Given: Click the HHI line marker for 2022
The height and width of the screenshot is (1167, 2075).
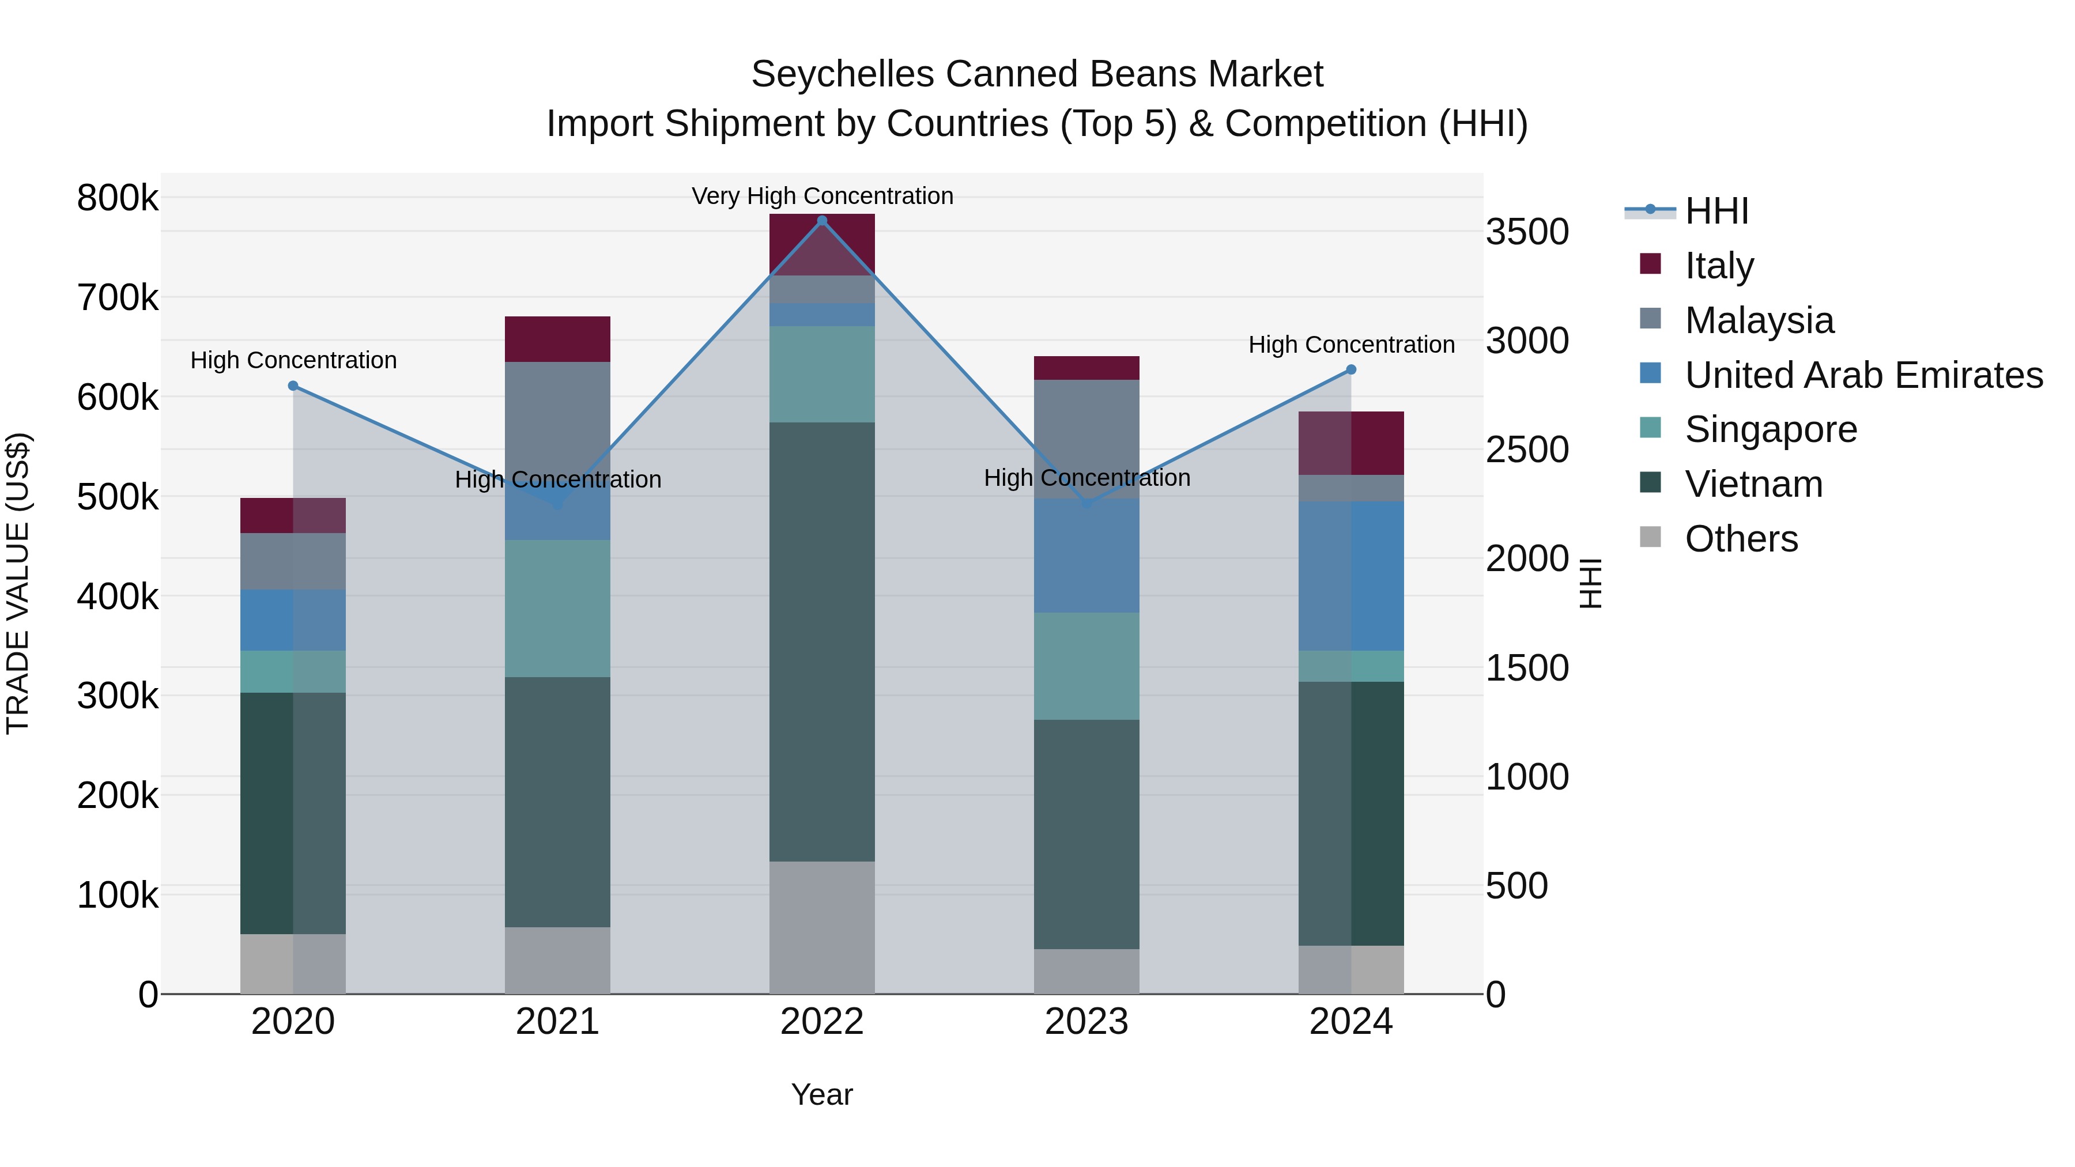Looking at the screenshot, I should [821, 221].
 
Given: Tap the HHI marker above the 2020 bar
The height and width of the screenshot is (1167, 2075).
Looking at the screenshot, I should [293, 386].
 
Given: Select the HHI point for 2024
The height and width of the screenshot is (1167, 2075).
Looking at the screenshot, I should [1351, 369].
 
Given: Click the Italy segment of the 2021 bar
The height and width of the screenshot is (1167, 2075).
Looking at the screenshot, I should [557, 339].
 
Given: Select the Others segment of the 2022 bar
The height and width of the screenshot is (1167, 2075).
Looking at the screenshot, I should [821, 927].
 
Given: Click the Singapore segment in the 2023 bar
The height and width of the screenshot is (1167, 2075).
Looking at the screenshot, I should [1086, 666].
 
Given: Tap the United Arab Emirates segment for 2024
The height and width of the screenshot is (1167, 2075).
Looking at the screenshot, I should [1351, 576].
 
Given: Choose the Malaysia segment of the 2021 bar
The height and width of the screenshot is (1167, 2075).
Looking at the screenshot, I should [557, 419].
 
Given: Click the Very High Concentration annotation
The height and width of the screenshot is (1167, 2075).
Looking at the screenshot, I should [821, 196].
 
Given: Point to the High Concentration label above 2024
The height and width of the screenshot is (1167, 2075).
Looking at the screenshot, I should [1351, 345].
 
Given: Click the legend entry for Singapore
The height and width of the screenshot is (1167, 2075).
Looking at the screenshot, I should [1771, 429].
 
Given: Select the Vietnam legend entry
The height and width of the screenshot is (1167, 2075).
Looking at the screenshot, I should [1753, 484].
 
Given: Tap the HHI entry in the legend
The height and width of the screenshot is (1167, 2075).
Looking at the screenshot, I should [1716, 211].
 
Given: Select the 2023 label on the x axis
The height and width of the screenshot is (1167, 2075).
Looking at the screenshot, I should [1086, 1022].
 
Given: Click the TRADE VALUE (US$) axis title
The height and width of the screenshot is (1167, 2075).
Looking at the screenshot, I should [18, 583].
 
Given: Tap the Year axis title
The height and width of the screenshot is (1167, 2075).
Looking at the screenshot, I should [821, 1094].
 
